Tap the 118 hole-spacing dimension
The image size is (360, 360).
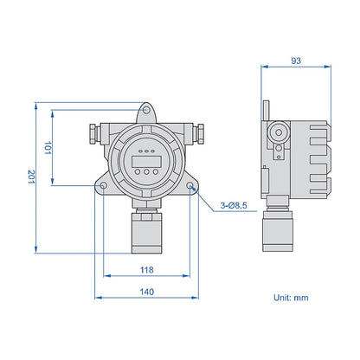point(147,270)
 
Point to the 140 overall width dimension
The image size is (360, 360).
point(147,292)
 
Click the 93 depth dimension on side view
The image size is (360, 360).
point(297,61)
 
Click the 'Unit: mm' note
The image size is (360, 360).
point(291,297)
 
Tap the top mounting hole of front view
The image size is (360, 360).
point(146,111)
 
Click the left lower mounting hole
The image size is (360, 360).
point(104,185)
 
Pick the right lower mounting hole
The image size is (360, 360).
point(190,185)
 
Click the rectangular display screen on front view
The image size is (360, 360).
point(145,157)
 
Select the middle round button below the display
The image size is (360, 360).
point(145,171)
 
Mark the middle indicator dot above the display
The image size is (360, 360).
point(145,145)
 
